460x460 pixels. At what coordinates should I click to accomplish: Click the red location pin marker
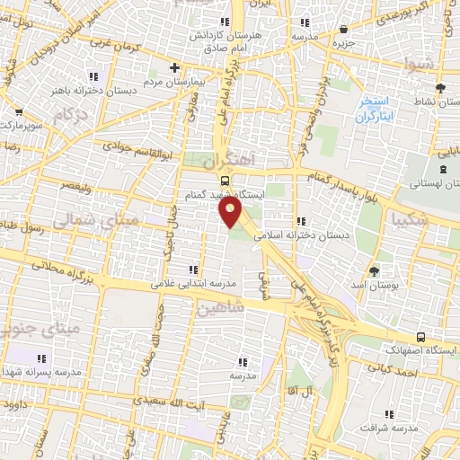click(x=231, y=212)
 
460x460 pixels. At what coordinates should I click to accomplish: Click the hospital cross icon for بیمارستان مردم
click(x=175, y=67)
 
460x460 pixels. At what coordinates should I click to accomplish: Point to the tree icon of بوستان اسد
click(x=375, y=270)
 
